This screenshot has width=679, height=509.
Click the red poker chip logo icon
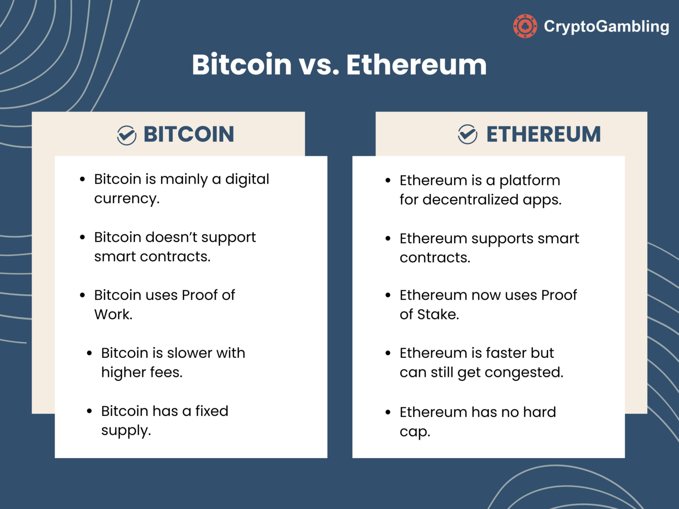(x=525, y=26)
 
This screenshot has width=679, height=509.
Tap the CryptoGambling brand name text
(x=607, y=27)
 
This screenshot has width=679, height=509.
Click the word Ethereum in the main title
(x=416, y=65)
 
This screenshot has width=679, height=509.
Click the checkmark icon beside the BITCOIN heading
(x=126, y=135)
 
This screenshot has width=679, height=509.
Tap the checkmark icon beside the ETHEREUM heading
(x=467, y=134)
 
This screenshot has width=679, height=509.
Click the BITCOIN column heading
(x=189, y=134)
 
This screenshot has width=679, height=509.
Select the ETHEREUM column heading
(x=543, y=134)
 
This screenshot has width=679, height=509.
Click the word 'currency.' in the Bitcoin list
(x=127, y=199)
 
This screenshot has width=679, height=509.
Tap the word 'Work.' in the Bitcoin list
(x=113, y=315)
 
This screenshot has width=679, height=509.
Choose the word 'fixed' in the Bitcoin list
(x=212, y=411)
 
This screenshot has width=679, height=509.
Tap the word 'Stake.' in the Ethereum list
(x=438, y=315)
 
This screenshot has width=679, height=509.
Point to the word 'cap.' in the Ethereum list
(x=415, y=432)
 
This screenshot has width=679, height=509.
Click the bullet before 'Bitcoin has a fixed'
(x=89, y=411)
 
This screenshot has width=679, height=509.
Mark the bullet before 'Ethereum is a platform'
(x=388, y=180)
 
